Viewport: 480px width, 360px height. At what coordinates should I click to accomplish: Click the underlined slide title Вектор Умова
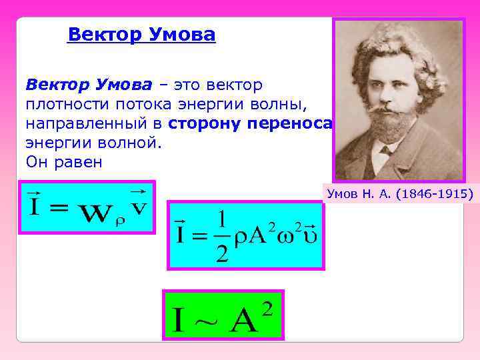pyautogui.click(x=141, y=34)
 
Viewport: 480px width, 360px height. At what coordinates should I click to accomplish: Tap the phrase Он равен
pyautogui.click(x=64, y=162)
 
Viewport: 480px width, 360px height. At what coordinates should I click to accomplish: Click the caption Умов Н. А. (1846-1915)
pyautogui.click(x=399, y=194)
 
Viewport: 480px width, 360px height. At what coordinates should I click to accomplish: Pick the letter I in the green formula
pyautogui.click(x=178, y=321)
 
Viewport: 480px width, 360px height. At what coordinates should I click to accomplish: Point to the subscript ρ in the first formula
pyautogui.click(x=120, y=222)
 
